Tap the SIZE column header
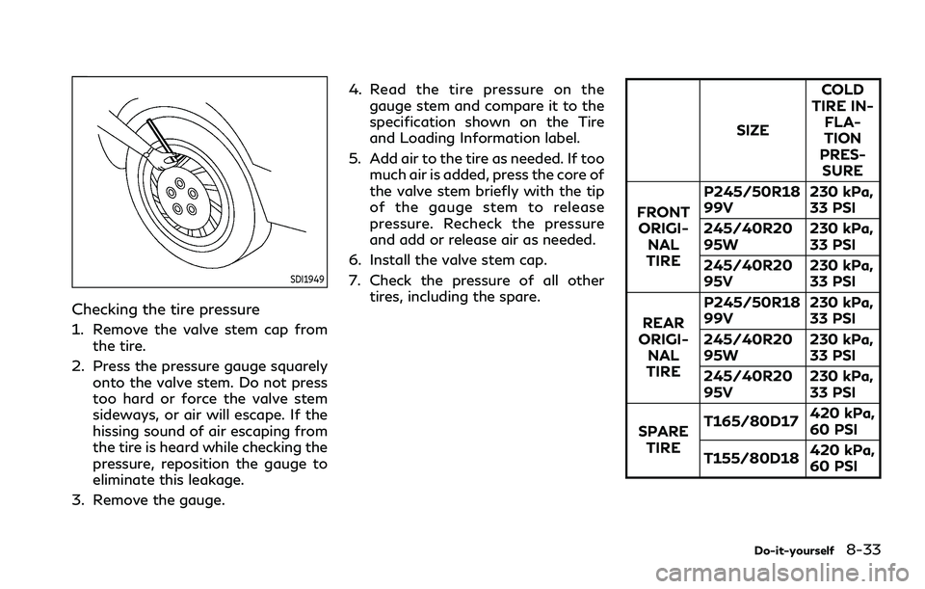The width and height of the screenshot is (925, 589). point(752,130)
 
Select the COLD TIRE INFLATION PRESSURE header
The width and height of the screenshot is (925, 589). point(841,130)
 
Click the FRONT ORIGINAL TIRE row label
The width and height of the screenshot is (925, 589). point(662,236)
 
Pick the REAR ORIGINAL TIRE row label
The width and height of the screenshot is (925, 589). point(662,346)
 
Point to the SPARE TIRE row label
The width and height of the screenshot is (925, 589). point(662,440)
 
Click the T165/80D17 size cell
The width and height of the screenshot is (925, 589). point(752,421)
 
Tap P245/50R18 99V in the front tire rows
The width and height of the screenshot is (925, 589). point(752,201)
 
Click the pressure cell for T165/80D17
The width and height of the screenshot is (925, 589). point(842,421)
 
